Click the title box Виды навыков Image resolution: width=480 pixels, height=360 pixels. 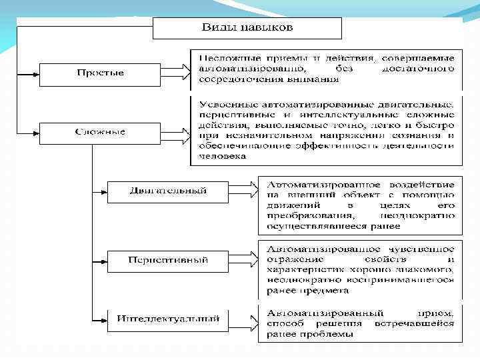pyautogui.click(x=247, y=29)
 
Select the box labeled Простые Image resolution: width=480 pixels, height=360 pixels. pyautogui.click(x=101, y=73)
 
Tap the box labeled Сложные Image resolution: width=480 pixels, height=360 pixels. pyautogui.click(x=101, y=132)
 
